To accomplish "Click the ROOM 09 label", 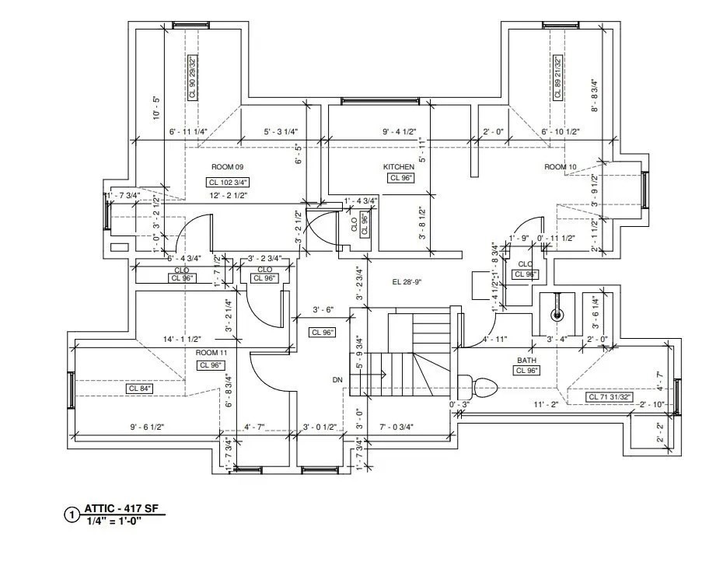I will [228, 167].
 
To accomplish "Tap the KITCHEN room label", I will [399, 167].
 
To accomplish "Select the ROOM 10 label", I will [561, 167].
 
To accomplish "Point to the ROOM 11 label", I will [211, 353].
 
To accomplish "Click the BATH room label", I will [528, 361].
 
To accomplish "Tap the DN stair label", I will [337, 380].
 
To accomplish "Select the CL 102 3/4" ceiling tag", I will [228, 182].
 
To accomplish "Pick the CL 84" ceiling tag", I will [140, 388].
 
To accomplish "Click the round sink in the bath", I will [556, 315].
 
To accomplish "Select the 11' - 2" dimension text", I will [546, 405].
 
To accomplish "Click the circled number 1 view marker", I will [72, 514].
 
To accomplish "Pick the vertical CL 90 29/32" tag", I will [193, 76].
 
